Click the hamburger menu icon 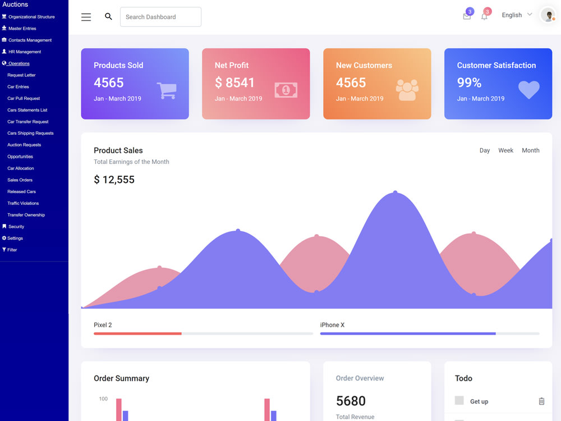coord(86,17)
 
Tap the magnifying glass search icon coord(108,16)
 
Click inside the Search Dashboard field coord(160,17)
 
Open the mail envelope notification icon coord(467,16)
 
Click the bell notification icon coord(484,16)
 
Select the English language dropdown coord(517,15)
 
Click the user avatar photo coord(548,15)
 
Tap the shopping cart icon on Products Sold coord(167,90)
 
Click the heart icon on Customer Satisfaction coord(529,89)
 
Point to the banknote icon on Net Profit coord(286,90)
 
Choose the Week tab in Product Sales coord(505,150)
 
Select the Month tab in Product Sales coord(531,150)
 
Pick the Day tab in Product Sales coord(485,150)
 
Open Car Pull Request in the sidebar coord(24,98)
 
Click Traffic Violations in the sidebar coord(23,203)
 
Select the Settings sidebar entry coord(12,238)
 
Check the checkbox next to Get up coord(459,400)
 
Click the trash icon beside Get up coord(541,401)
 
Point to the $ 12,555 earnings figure coord(114,180)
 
